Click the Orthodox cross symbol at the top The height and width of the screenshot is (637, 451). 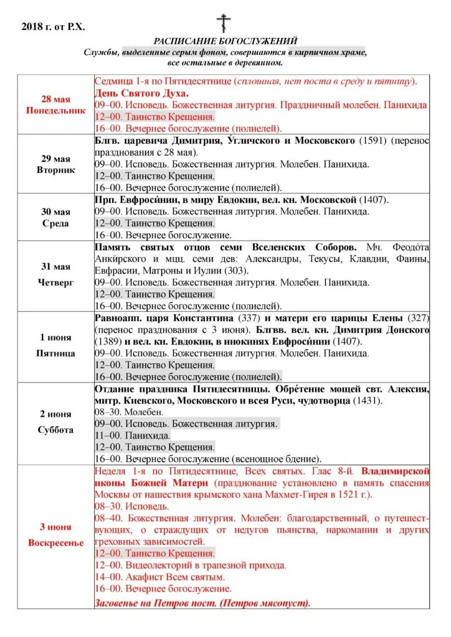[224, 23]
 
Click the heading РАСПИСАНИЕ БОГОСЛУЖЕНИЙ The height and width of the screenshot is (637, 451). [225, 41]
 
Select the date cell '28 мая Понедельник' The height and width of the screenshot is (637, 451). [56, 105]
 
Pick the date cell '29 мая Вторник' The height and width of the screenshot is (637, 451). [56, 164]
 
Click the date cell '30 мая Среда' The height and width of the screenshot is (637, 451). [56, 217]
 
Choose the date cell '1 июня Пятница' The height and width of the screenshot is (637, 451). [56, 346]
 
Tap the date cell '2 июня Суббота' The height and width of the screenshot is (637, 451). [56, 422]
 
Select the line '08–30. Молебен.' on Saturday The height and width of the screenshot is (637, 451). [129, 412]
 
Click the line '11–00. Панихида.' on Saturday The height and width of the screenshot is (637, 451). [132, 435]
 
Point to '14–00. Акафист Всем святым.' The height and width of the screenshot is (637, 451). [159, 577]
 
